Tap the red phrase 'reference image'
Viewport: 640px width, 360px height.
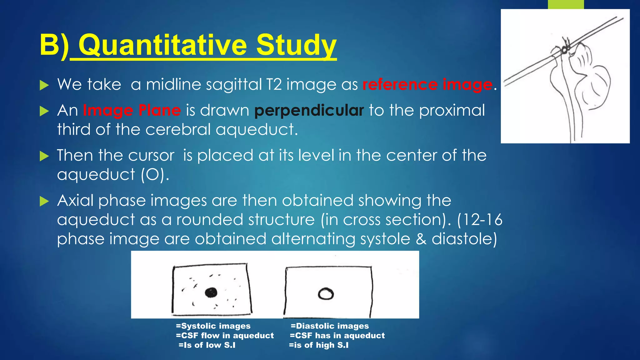pos(427,85)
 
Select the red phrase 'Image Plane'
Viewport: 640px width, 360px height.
pos(132,110)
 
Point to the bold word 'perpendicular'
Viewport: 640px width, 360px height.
pos(309,110)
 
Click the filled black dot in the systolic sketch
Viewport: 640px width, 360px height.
pos(211,292)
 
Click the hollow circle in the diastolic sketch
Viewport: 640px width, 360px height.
pos(326,294)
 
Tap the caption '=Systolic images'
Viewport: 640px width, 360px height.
pos(213,326)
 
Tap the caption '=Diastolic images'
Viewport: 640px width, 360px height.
pos(330,326)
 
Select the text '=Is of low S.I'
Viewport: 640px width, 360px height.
pos(207,345)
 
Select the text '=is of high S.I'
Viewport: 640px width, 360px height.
pos(318,345)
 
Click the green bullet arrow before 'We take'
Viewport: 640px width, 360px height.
pos(44,85)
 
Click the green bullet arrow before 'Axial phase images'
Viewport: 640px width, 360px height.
pos(44,201)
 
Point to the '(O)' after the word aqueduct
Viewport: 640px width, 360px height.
pos(153,174)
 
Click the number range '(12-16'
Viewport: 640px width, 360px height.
pos(479,219)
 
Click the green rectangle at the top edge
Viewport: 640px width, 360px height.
pos(566,4)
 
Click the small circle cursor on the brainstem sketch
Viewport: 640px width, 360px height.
pos(564,49)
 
